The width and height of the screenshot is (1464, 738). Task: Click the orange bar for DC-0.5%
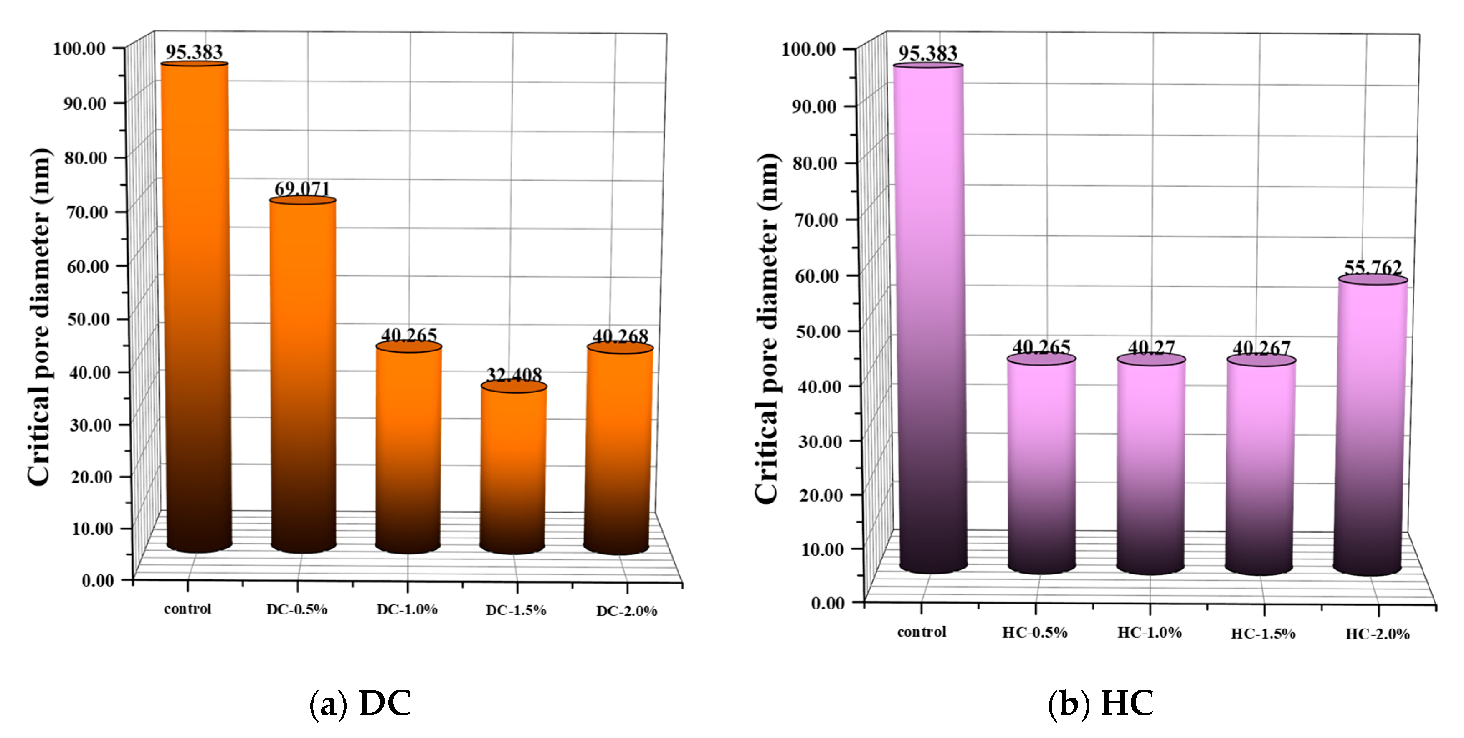pos(303,375)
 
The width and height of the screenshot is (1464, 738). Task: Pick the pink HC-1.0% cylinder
pos(1151,466)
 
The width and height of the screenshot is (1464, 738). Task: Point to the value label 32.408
pos(514,375)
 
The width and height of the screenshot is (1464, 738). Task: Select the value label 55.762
pos(1373,267)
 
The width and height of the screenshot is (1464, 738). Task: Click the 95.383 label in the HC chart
pos(927,53)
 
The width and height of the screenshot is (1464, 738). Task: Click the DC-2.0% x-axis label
pos(626,611)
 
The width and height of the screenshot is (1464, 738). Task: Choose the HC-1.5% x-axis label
pos(1263,634)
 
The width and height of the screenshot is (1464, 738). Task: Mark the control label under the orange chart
pos(187,609)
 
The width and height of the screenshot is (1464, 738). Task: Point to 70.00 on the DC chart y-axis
pos(88,212)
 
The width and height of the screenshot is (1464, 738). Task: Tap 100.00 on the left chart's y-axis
pos(80,49)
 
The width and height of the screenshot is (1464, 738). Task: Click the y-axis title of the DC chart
pos(40,317)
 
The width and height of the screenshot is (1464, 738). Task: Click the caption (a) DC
pos(360,703)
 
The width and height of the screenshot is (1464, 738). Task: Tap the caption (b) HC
pos(1100,703)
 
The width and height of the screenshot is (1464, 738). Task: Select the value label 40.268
pos(620,336)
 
